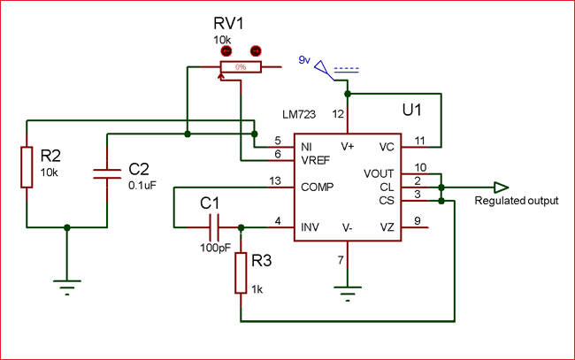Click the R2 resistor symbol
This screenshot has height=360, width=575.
pos(27,167)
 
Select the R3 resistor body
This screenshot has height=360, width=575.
pos(241,272)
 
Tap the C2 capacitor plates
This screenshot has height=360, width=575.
pos(107,174)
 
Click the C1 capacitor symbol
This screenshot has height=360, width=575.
pos(214,227)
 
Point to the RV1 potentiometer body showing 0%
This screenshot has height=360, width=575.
pos(241,67)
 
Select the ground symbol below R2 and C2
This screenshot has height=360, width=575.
pos(67,287)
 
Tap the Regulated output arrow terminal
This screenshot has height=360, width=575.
pos(501,188)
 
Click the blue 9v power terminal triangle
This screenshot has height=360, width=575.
pos(322,68)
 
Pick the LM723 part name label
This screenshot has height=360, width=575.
pos(299,114)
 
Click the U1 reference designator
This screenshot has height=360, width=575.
pos(412,110)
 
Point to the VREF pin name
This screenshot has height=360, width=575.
pos(316,160)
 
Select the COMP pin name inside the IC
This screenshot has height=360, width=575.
pos(318,187)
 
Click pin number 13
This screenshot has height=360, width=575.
pos(275,180)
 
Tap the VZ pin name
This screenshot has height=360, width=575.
pos(387,227)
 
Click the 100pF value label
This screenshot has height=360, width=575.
pos(216,248)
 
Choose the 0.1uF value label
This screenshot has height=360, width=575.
pos(142,186)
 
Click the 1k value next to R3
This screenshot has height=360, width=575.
pos(257,289)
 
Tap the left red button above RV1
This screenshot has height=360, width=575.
pos(226,51)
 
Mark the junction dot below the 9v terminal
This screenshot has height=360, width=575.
pos(348,95)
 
